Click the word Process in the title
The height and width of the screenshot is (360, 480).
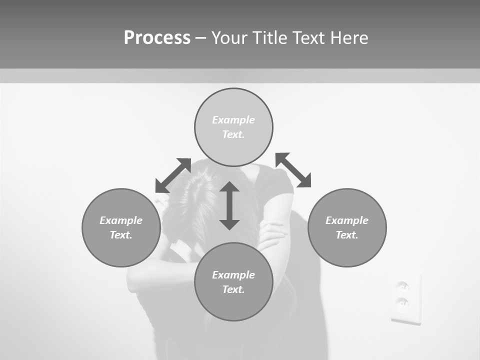click(157, 38)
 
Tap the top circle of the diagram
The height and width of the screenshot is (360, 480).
click(233, 127)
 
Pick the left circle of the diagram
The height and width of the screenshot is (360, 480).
click(121, 227)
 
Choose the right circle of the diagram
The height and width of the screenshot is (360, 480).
click(347, 227)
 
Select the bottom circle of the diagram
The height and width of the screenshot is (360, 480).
click(233, 282)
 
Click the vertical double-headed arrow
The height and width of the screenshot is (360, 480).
click(229, 205)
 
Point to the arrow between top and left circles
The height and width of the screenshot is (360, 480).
click(173, 175)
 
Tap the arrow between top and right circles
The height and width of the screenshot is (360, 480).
click(293, 170)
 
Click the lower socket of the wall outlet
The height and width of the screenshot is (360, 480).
click(403, 302)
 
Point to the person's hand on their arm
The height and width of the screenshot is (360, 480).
click(272, 235)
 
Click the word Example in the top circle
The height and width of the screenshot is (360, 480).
click(233, 120)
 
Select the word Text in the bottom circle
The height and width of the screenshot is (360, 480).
click(232, 289)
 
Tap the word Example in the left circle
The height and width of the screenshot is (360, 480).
click(121, 220)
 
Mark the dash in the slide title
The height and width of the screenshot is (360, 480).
click(200, 38)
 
